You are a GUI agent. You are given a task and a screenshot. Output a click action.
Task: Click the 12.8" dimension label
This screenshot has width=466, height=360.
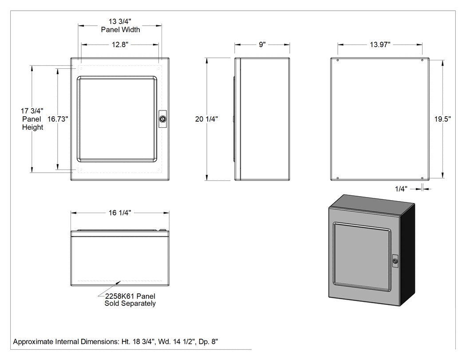pyautogui.click(x=120, y=44)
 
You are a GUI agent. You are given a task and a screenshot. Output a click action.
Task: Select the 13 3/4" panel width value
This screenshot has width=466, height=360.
pyautogui.click(x=120, y=21)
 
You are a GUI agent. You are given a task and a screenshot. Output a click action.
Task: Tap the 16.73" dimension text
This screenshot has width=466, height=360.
pyautogui.click(x=58, y=119)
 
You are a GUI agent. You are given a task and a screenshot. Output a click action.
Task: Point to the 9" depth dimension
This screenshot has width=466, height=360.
pyautogui.click(x=262, y=44)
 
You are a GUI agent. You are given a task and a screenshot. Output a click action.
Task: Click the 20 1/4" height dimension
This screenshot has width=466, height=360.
pyautogui.click(x=206, y=119)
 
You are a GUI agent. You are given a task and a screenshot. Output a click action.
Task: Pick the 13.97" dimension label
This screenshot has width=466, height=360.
pyautogui.click(x=380, y=44)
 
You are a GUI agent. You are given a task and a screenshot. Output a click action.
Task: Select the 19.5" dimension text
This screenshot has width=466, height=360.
pyautogui.click(x=442, y=119)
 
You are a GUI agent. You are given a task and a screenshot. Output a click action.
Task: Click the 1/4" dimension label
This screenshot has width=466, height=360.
pyautogui.click(x=401, y=189)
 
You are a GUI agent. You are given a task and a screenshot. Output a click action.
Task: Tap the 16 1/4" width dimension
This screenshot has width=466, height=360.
pyautogui.click(x=120, y=213)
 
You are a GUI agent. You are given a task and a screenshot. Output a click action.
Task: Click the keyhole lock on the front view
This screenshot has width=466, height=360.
pyautogui.click(x=162, y=119)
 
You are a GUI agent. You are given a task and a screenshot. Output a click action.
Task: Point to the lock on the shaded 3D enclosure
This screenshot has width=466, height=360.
pyautogui.click(x=395, y=261)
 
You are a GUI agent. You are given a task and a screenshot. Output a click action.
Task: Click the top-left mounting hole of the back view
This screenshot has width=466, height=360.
pyautogui.click(x=338, y=60)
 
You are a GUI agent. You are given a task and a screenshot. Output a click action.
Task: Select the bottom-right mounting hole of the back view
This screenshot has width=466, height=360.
pyautogui.click(x=422, y=178)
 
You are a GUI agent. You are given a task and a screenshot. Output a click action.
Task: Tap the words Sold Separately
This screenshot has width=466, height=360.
pyautogui.click(x=130, y=304)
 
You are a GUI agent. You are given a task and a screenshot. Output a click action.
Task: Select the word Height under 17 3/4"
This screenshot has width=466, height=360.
pyautogui.click(x=33, y=127)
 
